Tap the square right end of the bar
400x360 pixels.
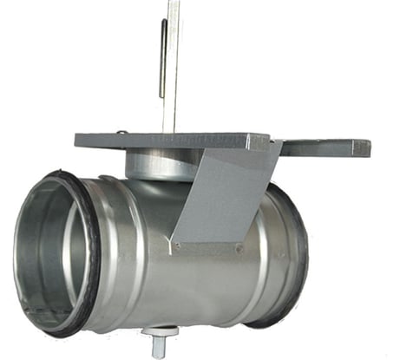click(364, 148)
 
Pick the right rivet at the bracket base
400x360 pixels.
click(239, 247)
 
